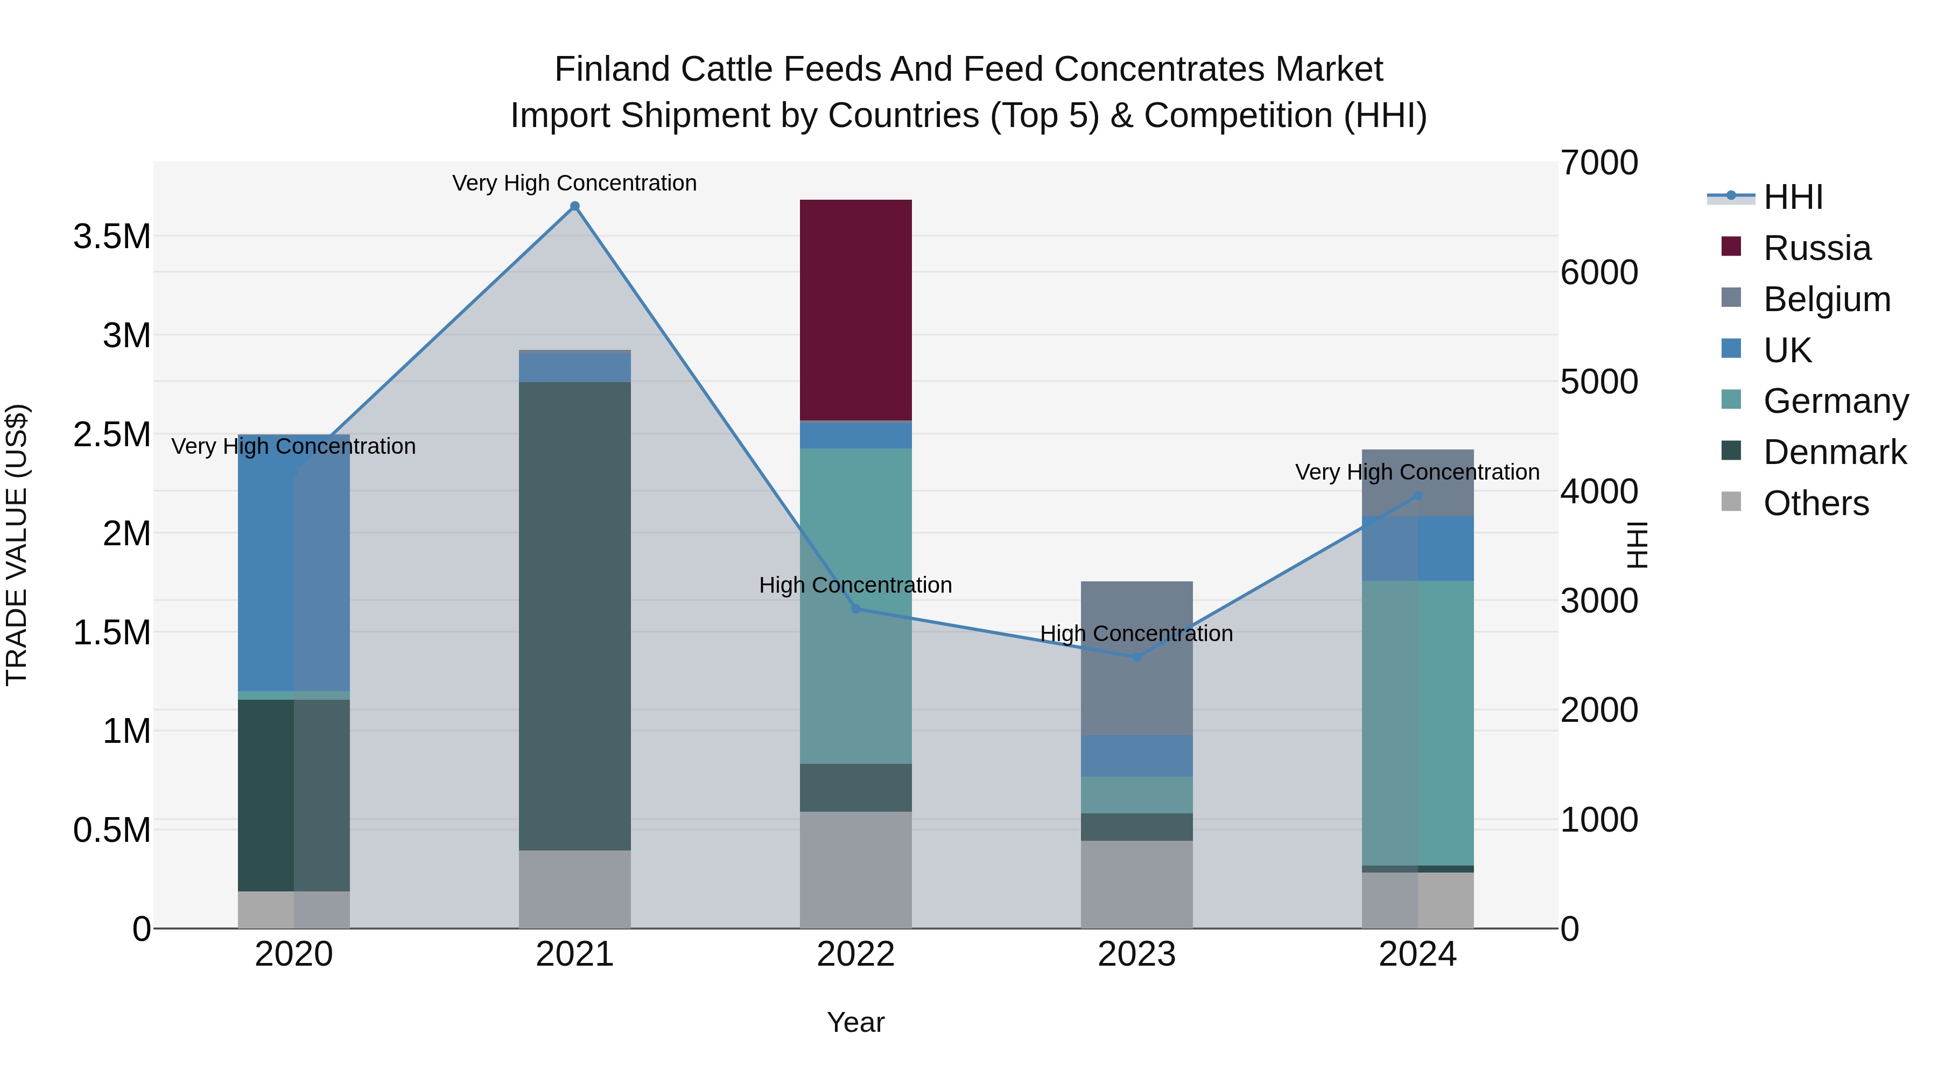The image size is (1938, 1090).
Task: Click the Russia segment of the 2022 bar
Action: click(x=855, y=310)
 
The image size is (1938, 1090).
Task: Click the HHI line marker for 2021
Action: click(x=575, y=206)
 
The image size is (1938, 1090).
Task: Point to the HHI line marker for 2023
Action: click(x=1137, y=657)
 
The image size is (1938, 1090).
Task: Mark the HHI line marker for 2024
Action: click(x=1417, y=496)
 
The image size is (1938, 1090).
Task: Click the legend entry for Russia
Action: click(x=1816, y=248)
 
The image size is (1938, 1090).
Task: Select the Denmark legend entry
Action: click(x=1834, y=452)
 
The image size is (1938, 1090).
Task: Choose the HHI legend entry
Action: click(x=1792, y=197)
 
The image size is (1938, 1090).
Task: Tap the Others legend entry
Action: click(x=1815, y=503)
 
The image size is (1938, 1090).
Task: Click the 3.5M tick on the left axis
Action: click(x=112, y=237)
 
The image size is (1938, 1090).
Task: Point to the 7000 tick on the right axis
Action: click(x=1599, y=163)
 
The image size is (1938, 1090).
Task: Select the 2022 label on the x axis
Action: click(x=855, y=954)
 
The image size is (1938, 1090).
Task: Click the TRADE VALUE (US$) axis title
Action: click(x=17, y=545)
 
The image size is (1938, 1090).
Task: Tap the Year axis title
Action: click(x=855, y=1022)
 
